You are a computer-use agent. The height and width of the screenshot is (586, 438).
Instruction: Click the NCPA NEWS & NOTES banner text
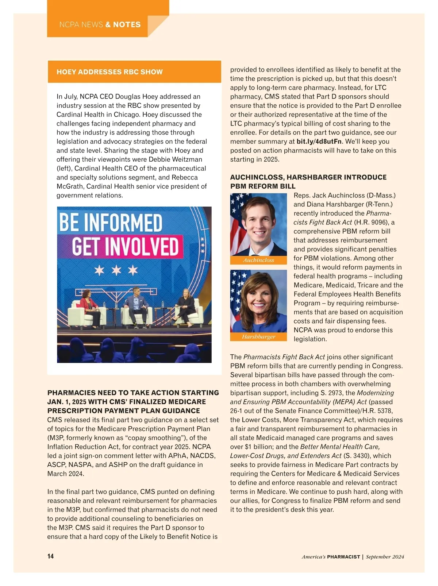pyautogui.click(x=100, y=25)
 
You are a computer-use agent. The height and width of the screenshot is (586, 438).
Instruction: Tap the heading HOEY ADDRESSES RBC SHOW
pyautogui.click(x=109, y=72)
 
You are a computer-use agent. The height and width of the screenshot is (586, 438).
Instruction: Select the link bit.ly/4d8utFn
pyautogui.click(x=319, y=142)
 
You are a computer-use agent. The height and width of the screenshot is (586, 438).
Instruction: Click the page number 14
pyautogui.click(x=50, y=556)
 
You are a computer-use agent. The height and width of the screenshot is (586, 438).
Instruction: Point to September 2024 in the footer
pyautogui.click(x=385, y=557)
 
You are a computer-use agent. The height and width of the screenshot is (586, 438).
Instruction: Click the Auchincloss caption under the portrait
pyautogui.click(x=258, y=260)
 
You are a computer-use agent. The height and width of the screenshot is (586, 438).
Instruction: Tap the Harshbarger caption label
pyautogui.click(x=258, y=337)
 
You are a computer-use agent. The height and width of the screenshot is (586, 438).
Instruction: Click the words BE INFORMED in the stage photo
pyautogui.click(x=111, y=223)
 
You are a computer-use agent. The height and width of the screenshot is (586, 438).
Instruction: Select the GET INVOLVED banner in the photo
pyautogui.click(x=125, y=247)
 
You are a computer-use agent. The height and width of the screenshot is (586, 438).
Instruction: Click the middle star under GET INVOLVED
pyautogui.click(x=116, y=270)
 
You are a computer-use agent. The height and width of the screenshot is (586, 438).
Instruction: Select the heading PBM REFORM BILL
pyautogui.click(x=263, y=186)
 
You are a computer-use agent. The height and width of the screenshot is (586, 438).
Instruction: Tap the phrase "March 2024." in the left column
pyautogui.click(x=66, y=474)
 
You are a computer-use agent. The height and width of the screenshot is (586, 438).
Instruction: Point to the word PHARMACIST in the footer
pyautogui.click(x=343, y=557)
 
